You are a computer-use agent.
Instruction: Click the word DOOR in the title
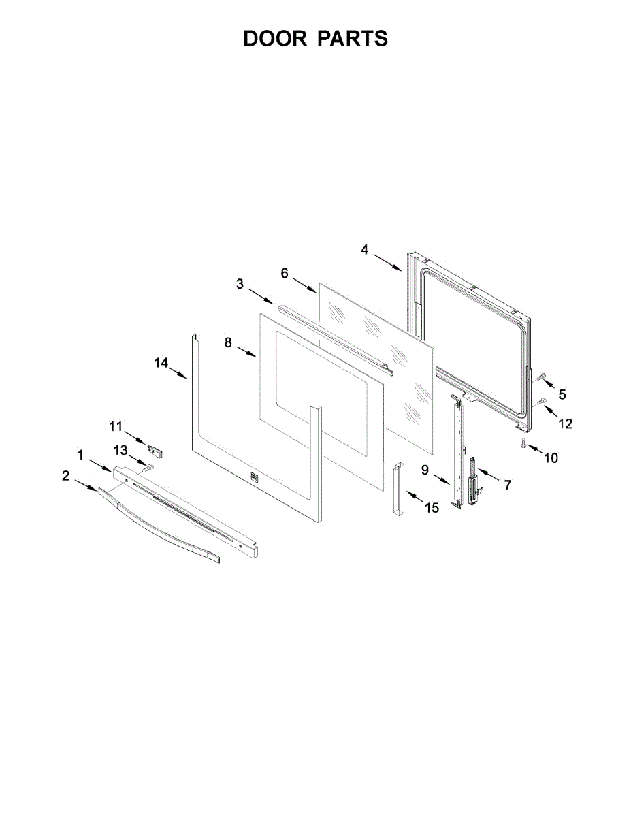pyautogui.click(x=274, y=39)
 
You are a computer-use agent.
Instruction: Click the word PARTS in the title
pyautogui.click(x=352, y=39)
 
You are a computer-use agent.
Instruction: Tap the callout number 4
pyautogui.click(x=365, y=250)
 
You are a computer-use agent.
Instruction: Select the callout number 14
pyautogui.click(x=161, y=363)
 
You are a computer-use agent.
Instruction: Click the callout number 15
pyautogui.click(x=432, y=508)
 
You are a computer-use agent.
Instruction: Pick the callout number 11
pyautogui.click(x=115, y=426)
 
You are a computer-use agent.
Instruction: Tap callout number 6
pyautogui.click(x=285, y=273)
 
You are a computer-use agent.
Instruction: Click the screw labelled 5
pyautogui.click(x=542, y=376)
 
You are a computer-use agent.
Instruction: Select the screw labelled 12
pyautogui.click(x=542, y=402)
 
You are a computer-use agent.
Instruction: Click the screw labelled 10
pyautogui.click(x=523, y=444)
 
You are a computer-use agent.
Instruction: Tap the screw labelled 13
pyautogui.click(x=148, y=466)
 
